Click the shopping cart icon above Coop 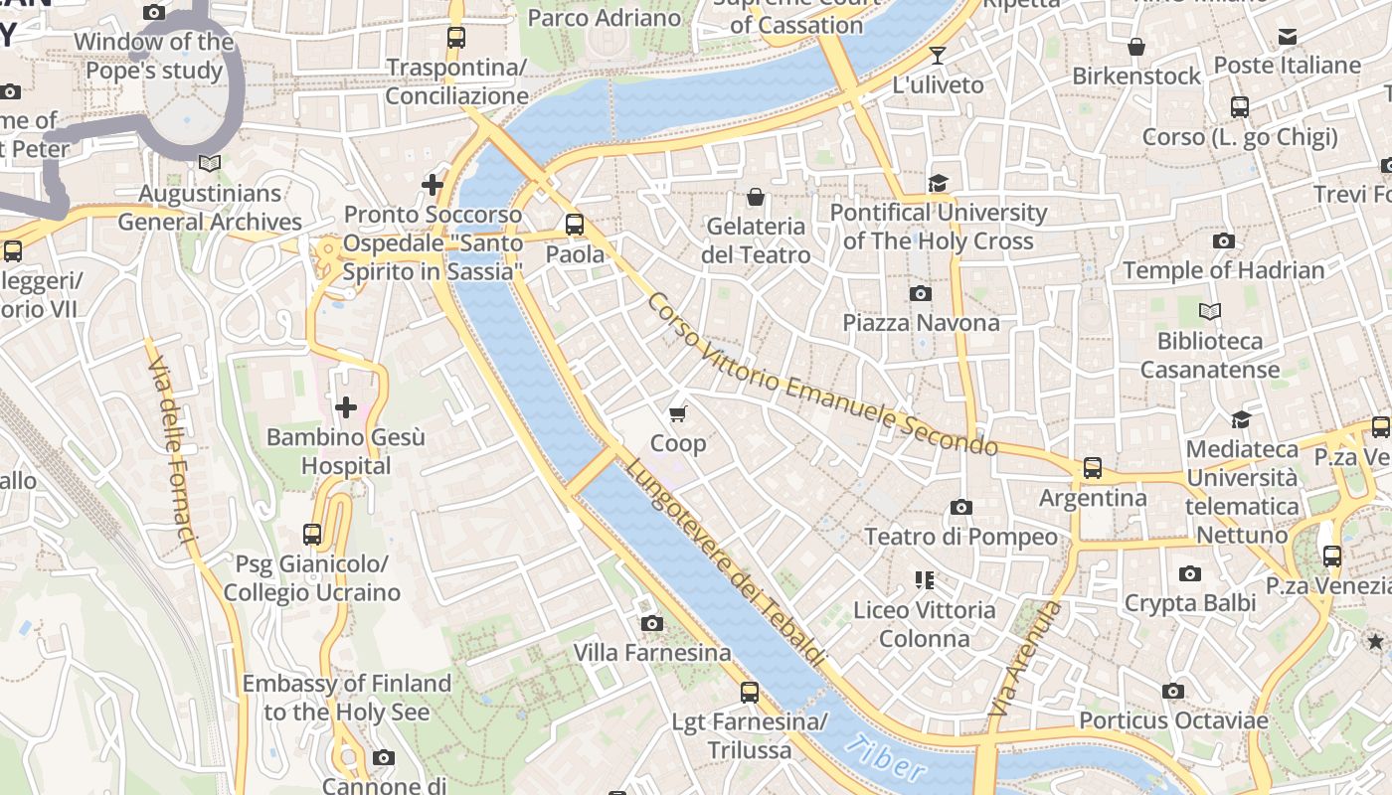(678, 413)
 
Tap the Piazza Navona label (921, 323)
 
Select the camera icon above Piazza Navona (921, 293)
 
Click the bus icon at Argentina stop (1093, 468)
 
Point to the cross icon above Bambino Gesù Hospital (346, 407)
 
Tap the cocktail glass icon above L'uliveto (937, 56)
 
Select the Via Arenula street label (1024, 658)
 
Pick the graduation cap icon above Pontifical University (938, 183)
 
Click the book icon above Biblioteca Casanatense (1209, 312)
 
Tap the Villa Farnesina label (652, 653)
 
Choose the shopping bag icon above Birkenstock (1136, 47)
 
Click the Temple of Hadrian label (1223, 270)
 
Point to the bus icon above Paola (575, 225)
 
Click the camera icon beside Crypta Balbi (1189, 573)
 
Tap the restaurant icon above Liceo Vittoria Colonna (925, 580)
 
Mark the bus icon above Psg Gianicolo (312, 535)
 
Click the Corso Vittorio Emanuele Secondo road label (821, 375)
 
